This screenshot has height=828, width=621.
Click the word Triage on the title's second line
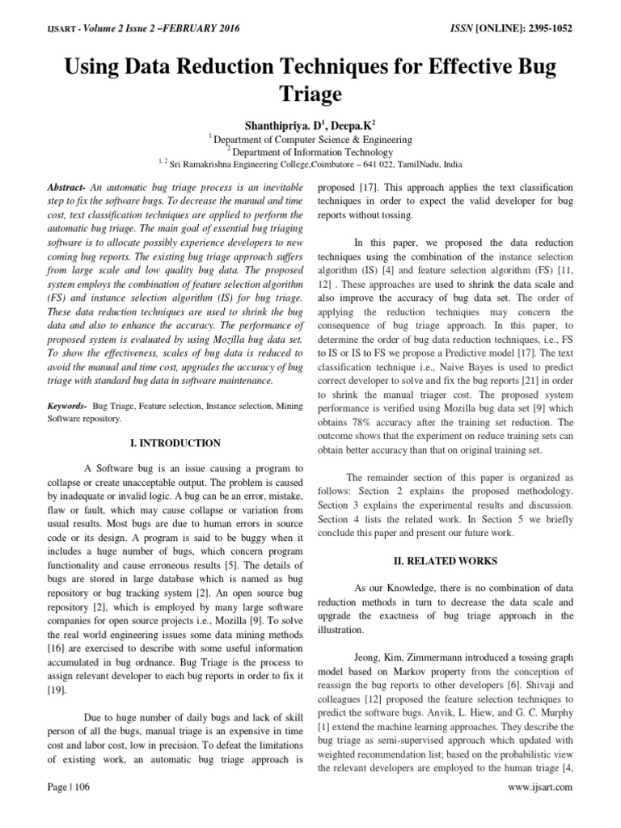(310, 94)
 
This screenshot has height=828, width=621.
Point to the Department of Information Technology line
(311, 151)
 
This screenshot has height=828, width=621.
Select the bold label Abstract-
(69, 187)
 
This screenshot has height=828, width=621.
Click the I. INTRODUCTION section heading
(175, 443)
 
